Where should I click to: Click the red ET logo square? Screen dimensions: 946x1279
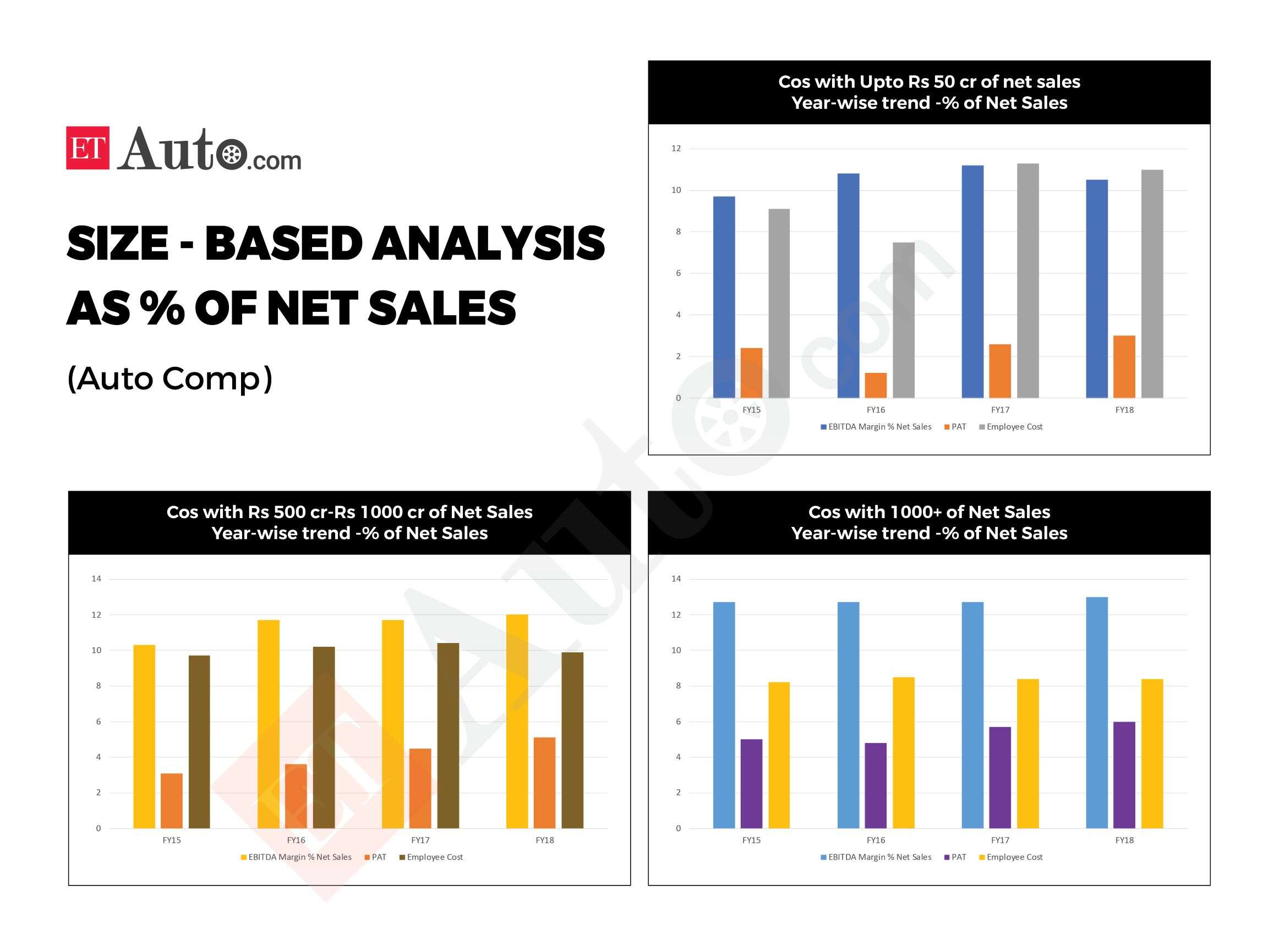click(88, 148)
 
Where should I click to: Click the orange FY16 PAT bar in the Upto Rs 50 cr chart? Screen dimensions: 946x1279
click(876, 385)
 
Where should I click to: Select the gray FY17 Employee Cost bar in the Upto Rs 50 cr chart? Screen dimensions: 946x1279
click(1027, 280)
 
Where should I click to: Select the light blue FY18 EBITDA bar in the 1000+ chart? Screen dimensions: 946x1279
click(1097, 712)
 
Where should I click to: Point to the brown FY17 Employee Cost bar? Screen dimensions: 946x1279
click(448, 735)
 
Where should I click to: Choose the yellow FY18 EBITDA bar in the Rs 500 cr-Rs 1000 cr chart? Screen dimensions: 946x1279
click(517, 721)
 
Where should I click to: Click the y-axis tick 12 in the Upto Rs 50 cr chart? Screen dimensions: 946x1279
click(676, 149)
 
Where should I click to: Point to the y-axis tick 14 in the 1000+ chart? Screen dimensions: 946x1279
click(676, 579)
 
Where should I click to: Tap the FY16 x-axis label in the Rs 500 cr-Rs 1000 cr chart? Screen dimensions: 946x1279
click(296, 840)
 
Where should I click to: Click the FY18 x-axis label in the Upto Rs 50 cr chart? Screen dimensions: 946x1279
click(1124, 410)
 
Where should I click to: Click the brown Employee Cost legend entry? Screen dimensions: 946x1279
click(431, 857)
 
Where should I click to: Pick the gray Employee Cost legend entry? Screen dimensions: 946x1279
click(1011, 427)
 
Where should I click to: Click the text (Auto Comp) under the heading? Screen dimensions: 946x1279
click(170, 378)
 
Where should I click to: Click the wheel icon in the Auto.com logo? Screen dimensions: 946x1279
click(232, 154)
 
